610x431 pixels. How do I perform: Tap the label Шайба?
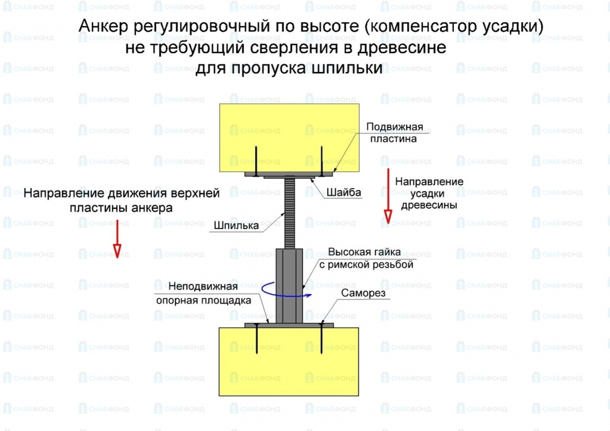tap(344, 192)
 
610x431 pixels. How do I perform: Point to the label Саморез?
tap(363, 293)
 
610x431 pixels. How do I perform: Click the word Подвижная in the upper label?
tap(394, 127)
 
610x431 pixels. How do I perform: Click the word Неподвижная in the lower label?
tap(203, 286)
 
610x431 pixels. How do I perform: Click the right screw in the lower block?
tap(322, 342)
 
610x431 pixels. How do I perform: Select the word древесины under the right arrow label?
tap(429, 205)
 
